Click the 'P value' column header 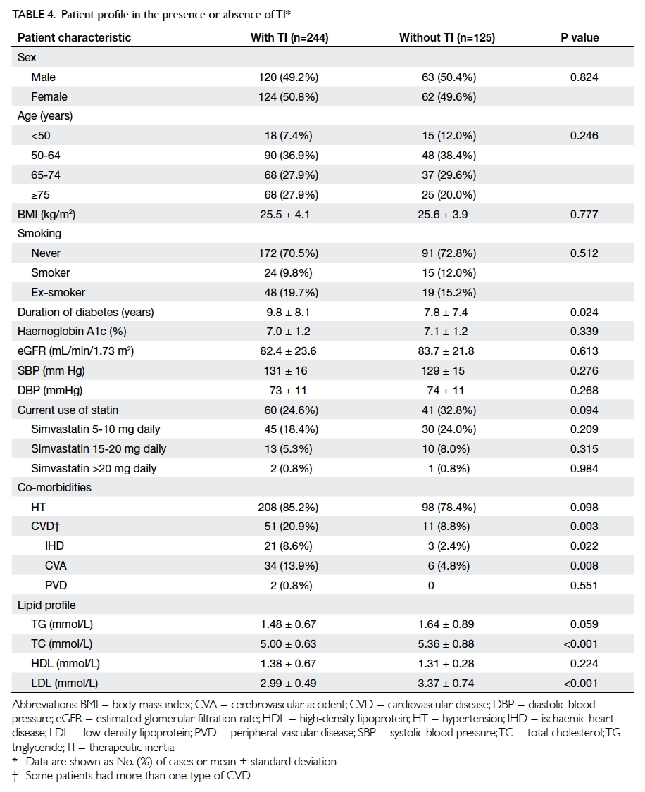pyautogui.click(x=580, y=37)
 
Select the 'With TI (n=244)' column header pyautogui.click(x=289, y=37)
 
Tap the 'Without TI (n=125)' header pyautogui.click(x=447, y=37)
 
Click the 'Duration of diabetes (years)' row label pyautogui.click(x=85, y=312)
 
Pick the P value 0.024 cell pyautogui.click(x=584, y=312)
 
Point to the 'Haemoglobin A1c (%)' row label pyautogui.click(x=72, y=332)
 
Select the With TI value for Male pyautogui.click(x=289, y=77)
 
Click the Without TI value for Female pyautogui.click(x=449, y=97)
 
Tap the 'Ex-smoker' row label pyautogui.click(x=58, y=292)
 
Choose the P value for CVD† pyautogui.click(x=584, y=527)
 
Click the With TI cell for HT pyautogui.click(x=289, y=507)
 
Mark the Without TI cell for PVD pyautogui.click(x=431, y=586)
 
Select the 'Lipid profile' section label pyautogui.click(x=46, y=605)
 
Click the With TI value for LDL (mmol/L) pyautogui.click(x=289, y=684)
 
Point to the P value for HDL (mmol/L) pyautogui.click(x=584, y=664)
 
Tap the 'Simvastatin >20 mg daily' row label pyautogui.click(x=94, y=469)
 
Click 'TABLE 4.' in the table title pyautogui.click(x=34, y=15)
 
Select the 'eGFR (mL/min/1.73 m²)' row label pyautogui.click(x=76, y=351)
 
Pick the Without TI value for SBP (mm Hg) pyautogui.click(x=446, y=371)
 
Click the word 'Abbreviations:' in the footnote pyautogui.click(x=44, y=705)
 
